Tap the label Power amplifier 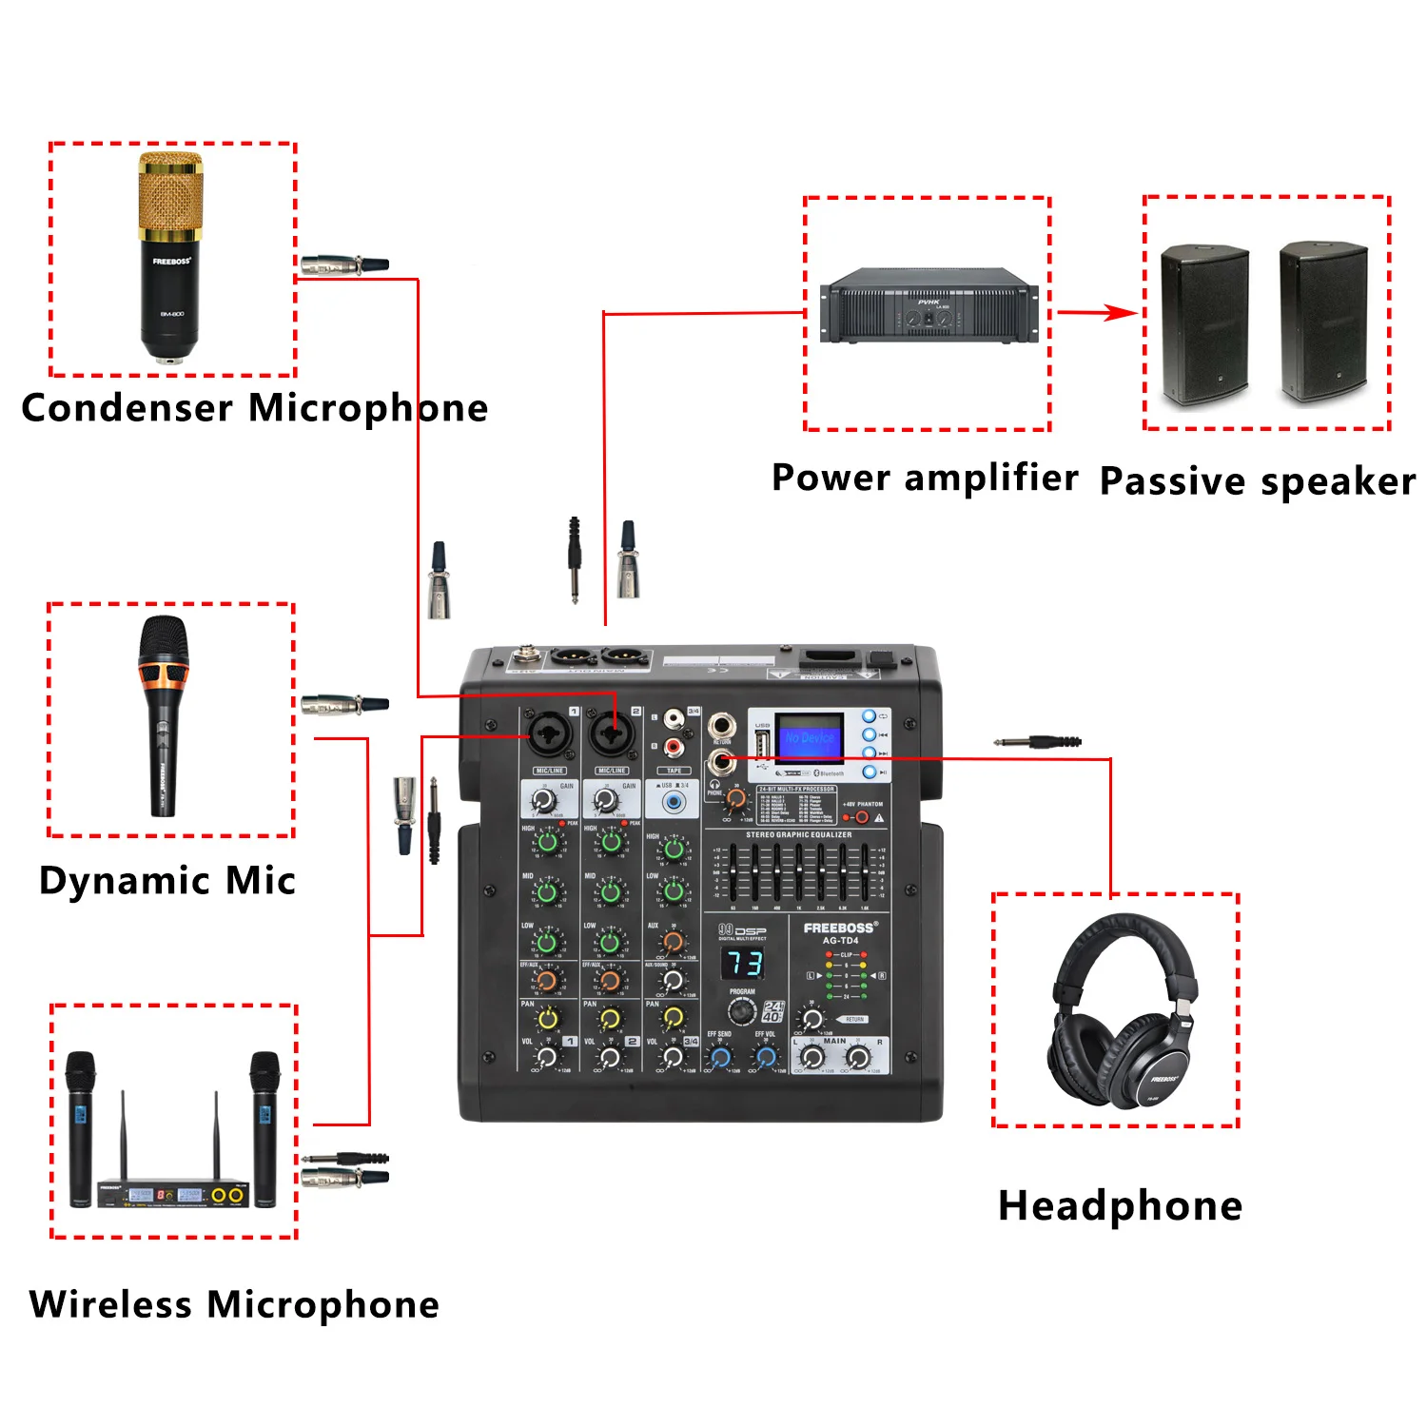(x=925, y=478)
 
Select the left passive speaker (x=1204, y=324)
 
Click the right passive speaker (x=1322, y=323)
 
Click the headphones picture (x=1123, y=1012)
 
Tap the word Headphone (x=1120, y=1206)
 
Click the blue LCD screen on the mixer (x=809, y=737)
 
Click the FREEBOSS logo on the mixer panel (x=839, y=928)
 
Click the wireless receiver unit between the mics (x=173, y=1193)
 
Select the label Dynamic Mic (x=167, y=881)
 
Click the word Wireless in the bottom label (x=110, y=1304)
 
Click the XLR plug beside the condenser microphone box (x=343, y=264)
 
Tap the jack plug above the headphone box (x=1038, y=741)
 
